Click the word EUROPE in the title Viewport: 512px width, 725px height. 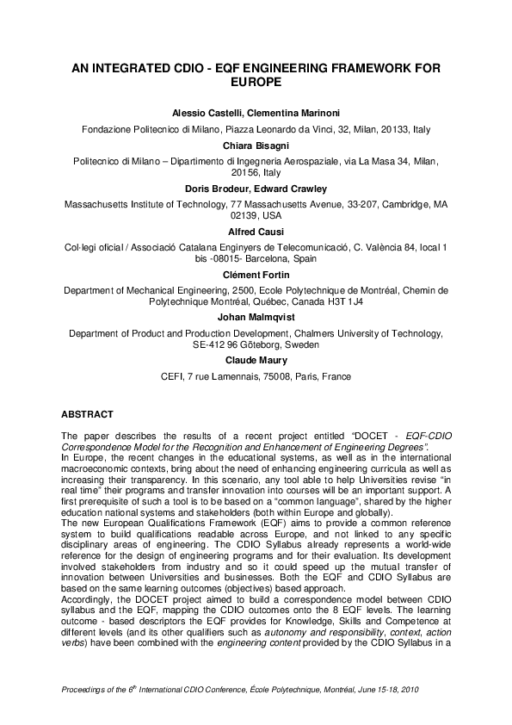256,84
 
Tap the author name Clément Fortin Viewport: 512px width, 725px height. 256,275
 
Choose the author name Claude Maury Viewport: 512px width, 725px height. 256,362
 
